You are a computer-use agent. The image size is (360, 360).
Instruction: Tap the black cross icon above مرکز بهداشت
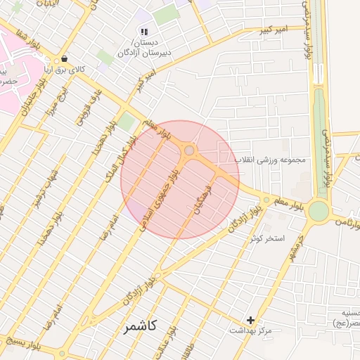pyautogui.click(x=250, y=320)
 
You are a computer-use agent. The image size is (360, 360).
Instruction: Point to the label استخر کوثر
pyautogui.click(x=267, y=238)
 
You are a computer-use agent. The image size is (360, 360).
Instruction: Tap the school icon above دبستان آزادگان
pyautogui.click(x=144, y=32)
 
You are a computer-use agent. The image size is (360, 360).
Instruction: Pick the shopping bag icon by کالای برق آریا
pyautogui.click(x=65, y=59)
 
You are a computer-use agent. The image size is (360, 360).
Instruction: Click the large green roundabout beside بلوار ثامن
pyautogui.click(x=319, y=210)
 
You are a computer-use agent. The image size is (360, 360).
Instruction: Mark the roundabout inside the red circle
pyautogui.click(x=189, y=150)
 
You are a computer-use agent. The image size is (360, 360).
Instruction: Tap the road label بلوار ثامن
pyautogui.click(x=347, y=222)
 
